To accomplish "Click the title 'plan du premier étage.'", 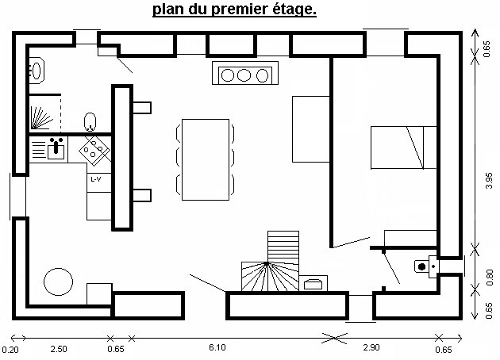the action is (x=234, y=9).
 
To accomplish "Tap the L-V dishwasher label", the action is (x=96, y=179).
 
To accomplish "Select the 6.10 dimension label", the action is (x=217, y=347).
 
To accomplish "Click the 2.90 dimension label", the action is (x=371, y=347).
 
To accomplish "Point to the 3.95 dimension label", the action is (x=489, y=181).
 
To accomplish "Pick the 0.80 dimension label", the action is (x=490, y=278).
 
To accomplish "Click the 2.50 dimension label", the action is (x=59, y=349).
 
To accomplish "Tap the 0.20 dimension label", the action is (x=10, y=350).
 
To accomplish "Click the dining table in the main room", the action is (x=206, y=159).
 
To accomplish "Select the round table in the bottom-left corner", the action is (x=59, y=281).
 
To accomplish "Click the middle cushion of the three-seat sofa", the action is (x=244, y=75).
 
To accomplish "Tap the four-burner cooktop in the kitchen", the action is (x=94, y=151).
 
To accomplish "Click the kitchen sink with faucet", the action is (x=56, y=150).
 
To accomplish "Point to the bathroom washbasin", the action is (x=37, y=71).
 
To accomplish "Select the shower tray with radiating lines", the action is (x=44, y=113).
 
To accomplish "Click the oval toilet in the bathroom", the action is (x=90, y=121).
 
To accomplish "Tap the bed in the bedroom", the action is (x=403, y=147).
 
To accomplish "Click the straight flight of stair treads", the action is (x=283, y=247).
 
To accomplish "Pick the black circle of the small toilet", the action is (x=422, y=266).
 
